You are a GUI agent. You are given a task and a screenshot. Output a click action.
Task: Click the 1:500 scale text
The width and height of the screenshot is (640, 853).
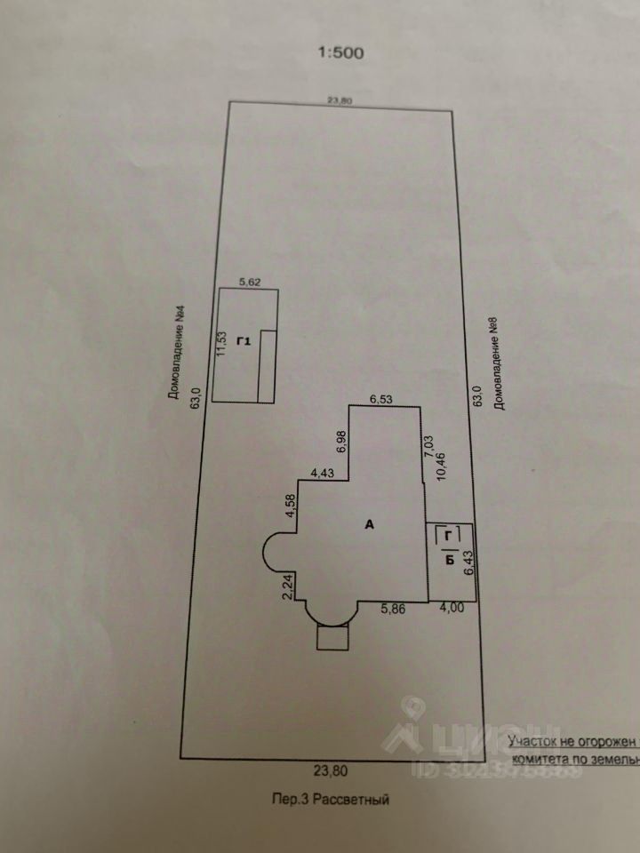tap(340, 52)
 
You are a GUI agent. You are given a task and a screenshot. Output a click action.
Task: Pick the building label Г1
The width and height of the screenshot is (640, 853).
tap(244, 342)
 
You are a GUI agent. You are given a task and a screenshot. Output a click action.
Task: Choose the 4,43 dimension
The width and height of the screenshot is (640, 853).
tap(321, 473)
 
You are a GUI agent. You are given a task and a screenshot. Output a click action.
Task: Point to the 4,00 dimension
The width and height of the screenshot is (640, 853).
tap(454, 610)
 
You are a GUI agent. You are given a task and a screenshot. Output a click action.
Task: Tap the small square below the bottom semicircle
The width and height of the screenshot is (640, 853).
tap(333, 637)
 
